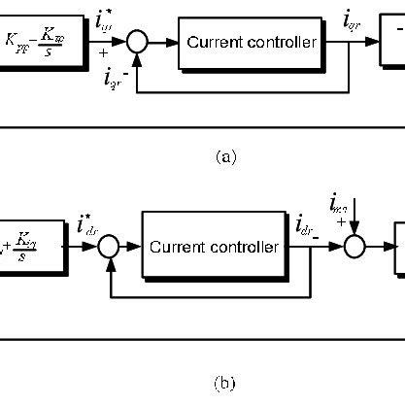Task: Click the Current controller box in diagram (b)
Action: coord(211,247)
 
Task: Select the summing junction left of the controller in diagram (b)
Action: coord(108,248)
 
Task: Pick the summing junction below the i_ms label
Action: coord(354,248)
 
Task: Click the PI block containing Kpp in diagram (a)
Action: coord(39,43)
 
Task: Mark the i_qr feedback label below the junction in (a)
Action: coord(113,78)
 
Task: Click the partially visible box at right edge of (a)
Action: coord(393,43)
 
